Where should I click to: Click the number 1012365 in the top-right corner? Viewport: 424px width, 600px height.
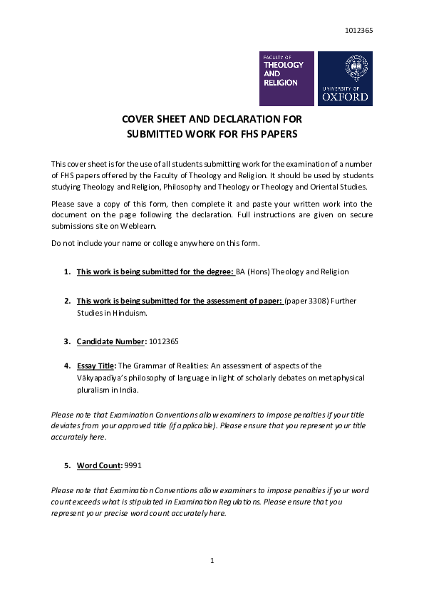[x=358, y=30]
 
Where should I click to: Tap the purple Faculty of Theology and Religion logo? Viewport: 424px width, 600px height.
[x=286, y=78]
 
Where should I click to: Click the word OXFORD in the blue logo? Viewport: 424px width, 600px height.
[x=346, y=96]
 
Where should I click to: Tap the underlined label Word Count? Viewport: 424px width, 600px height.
[x=99, y=465]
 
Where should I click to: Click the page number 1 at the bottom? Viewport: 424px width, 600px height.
[x=212, y=561]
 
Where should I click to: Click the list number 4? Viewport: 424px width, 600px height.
[x=66, y=366]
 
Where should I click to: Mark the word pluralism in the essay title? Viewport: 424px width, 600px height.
[x=93, y=390]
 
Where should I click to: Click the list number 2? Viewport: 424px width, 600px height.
[x=66, y=301]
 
